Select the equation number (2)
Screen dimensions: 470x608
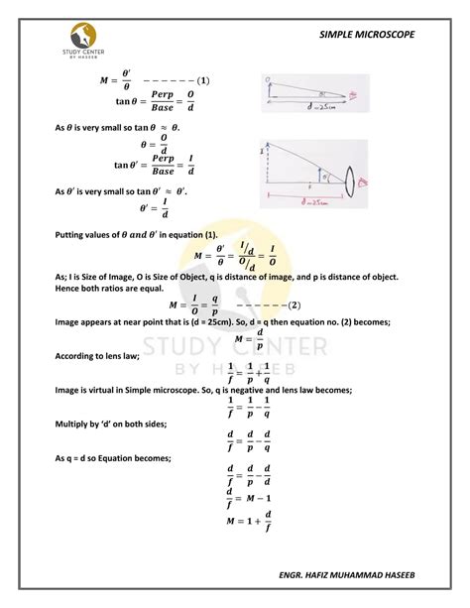(x=294, y=305)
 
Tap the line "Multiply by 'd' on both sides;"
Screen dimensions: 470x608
(x=96, y=423)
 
